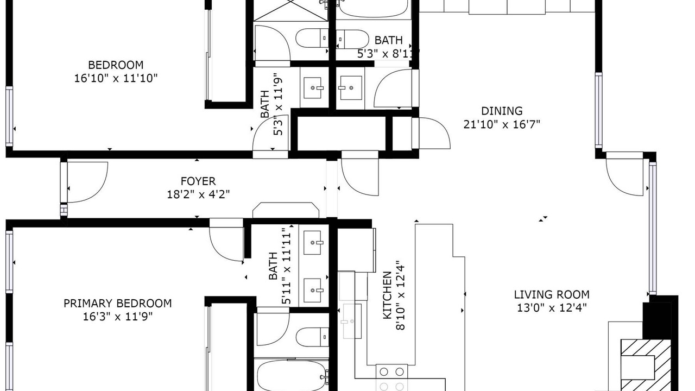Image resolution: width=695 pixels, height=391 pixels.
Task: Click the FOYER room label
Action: (198, 181)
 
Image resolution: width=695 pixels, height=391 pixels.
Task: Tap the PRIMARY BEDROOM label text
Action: (118, 303)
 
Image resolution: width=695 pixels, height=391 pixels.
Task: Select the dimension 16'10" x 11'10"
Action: (116, 78)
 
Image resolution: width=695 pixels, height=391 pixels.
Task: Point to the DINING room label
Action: (502, 111)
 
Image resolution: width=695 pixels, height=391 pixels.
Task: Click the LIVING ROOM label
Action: (552, 294)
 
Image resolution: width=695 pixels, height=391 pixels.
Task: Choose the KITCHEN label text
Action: (387, 295)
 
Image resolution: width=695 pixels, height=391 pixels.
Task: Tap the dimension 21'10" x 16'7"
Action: (502, 124)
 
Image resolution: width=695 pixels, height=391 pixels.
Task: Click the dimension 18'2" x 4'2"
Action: (198, 194)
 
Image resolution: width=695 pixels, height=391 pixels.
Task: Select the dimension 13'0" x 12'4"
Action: (552, 308)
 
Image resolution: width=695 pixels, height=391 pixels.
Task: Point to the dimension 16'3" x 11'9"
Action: (118, 317)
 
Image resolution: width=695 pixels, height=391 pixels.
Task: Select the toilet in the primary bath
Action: (312, 337)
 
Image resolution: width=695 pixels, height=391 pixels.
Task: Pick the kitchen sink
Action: (352, 321)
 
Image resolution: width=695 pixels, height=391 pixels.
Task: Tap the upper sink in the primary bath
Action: (313, 243)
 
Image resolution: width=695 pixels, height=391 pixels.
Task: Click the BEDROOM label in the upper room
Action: (116, 65)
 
